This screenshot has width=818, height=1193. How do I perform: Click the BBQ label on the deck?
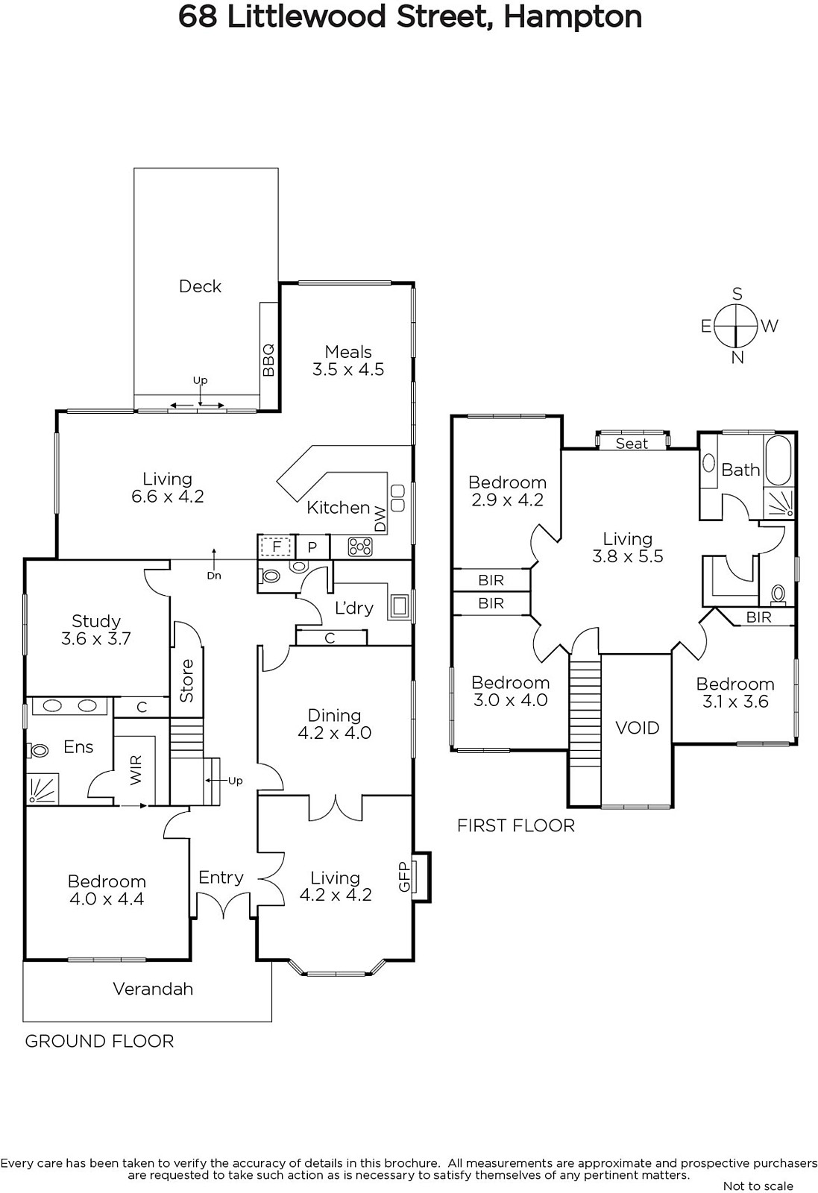[x=268, y=360]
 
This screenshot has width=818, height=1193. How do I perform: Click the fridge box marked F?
[x=277, y=547]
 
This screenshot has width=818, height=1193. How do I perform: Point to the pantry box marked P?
[x=312, y=547]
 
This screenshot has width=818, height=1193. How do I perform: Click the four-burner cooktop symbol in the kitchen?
[x=360, y=547]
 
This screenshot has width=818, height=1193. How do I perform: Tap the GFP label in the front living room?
[x=404, y=876]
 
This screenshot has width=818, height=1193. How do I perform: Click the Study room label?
[x=96, y=621]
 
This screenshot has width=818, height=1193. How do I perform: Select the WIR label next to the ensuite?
[x=136, y=769]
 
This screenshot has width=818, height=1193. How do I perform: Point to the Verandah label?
[x=153, y=989]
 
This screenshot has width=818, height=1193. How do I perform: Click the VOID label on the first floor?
[x=637, y=728]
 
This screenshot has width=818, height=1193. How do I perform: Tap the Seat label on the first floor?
[x=632, y=443]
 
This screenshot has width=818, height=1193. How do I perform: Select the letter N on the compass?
[x=737, y=358]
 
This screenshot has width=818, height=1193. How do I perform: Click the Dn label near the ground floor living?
[x=213, y=575]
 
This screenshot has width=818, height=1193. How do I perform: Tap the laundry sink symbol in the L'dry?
[x=400, y=605]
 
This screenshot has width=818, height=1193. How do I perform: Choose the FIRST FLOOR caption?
[x=515, y=825]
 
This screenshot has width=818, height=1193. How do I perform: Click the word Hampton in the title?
[x=573, y=17]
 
